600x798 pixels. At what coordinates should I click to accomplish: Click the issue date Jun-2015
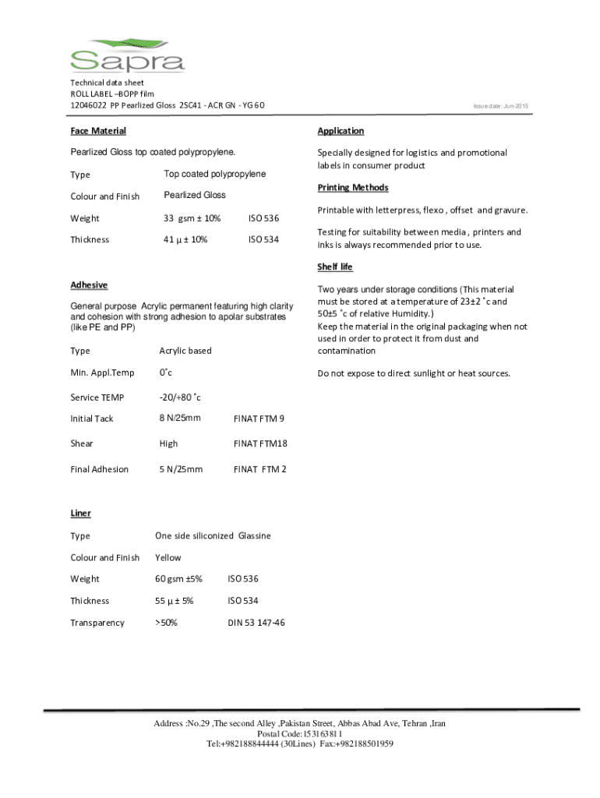coord(506,105)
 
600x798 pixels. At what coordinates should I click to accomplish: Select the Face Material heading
coord(98,131)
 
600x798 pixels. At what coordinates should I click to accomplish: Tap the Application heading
coord(341,131)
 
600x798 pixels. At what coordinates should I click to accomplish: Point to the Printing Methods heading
coord(352,188)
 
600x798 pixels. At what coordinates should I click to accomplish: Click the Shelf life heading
coord(335,267)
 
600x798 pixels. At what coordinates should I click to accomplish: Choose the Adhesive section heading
coord(89,285)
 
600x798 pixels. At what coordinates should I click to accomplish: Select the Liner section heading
coord(80,513)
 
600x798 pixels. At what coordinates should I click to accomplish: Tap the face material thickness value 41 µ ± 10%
coord(185,239)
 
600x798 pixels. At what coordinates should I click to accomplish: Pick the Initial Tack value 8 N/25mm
coord(180,418)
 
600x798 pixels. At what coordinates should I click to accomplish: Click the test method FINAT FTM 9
coord(259,418)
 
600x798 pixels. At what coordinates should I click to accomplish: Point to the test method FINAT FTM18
coord(260,443)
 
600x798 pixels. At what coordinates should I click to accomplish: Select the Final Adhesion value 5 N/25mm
coord(181,469)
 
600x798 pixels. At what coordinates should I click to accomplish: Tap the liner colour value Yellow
coord(168,557)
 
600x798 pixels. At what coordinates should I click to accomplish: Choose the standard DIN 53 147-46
coord(256,623)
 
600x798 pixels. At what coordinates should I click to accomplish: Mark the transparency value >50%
coord(166,623)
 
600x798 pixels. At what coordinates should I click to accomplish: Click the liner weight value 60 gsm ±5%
coord(179,579)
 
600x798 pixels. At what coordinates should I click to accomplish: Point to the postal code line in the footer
coord(299,734)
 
